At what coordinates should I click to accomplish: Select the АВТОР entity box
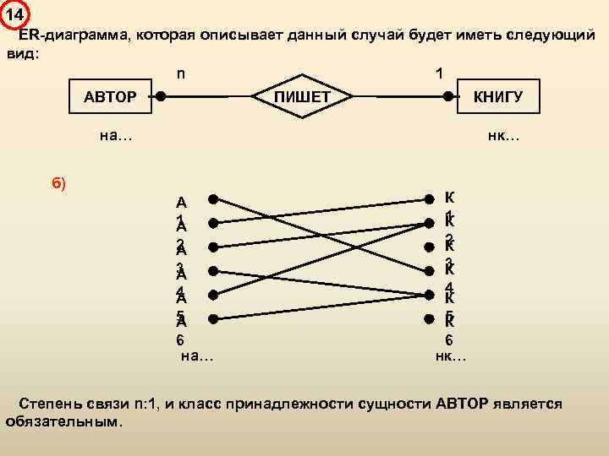pos(110,97)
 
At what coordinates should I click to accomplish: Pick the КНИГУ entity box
pos(497,97)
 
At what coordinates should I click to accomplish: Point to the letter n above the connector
pos(181,73)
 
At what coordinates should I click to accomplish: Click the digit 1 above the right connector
pos(438,73)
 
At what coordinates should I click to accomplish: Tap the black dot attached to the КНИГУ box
pos(448,97)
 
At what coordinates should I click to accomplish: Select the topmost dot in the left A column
pos(214,200)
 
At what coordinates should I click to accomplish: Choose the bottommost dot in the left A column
pos(214,318)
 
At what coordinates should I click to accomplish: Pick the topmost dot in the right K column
pos(427,200)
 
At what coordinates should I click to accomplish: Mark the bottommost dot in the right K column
pos(427,318)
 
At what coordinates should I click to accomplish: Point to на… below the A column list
pos(197,357)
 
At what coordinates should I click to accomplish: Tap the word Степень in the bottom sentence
pos(51,404)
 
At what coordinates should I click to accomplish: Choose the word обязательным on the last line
pos(63,421)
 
